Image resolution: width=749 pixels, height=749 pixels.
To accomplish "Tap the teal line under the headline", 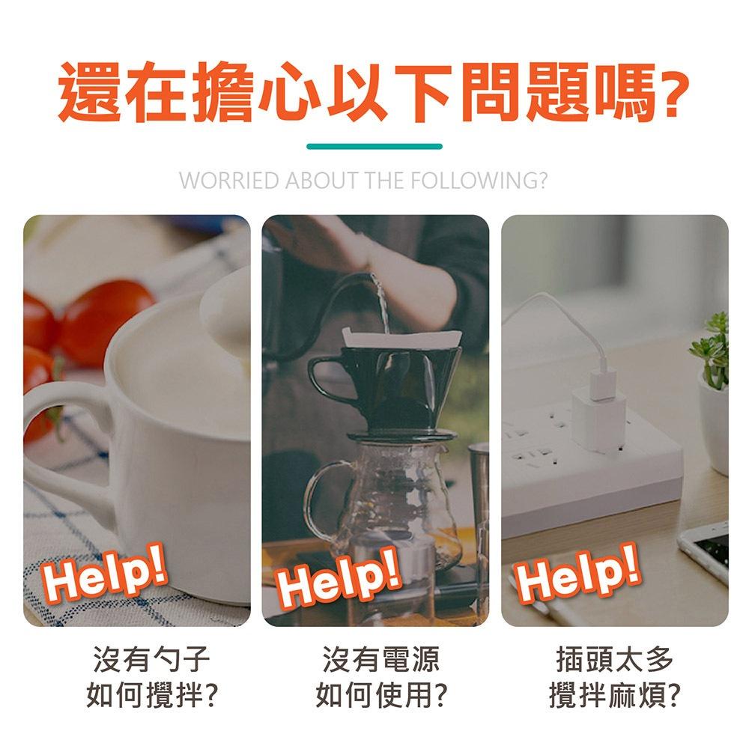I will pyautogui.click(x=374, y=146).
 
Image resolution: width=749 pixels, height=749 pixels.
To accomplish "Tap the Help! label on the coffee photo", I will pyautogui.click(x=342, y=583).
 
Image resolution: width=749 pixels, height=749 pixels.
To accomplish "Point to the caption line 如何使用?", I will pyautogui.click(x=381, y=696).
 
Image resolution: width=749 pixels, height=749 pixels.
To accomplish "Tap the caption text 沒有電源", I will pyautogui.click(x=381, y=660).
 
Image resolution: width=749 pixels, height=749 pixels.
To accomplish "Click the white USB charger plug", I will pyautogui.click(x=599, y=404).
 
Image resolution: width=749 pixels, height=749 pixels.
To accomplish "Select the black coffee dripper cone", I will pyautogui.click(x=386, y=382).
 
